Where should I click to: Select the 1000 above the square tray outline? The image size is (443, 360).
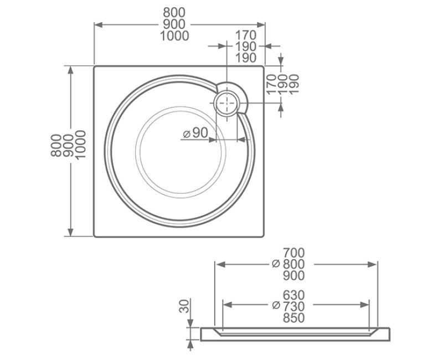point(174,37)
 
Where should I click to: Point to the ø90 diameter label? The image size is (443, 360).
point(194,133)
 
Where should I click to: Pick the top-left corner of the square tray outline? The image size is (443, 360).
point(95,66)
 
